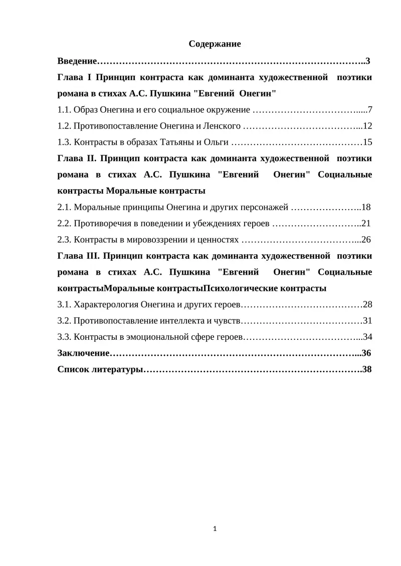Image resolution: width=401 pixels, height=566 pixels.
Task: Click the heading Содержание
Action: [x=215, y=44]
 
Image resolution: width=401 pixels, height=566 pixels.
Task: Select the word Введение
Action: [x=77, y=61]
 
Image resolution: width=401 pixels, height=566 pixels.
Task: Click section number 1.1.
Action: [x=64, y=109]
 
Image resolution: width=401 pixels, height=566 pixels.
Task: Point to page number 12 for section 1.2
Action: [x=367, y=126]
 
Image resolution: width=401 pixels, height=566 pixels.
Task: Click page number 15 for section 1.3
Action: [x=367, y=142]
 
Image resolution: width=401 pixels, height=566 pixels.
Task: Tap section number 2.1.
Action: [x=64, y=207]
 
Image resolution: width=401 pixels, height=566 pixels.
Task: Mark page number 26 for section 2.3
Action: [x=366, y=239]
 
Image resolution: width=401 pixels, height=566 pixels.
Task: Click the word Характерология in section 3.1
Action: [x=106, y=304]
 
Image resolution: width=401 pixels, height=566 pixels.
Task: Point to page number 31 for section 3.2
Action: [x=367, y=320]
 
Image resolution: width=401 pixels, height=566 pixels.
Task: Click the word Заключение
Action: [x=83, y=353]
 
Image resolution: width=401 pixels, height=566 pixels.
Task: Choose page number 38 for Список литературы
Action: [x=366, y=369]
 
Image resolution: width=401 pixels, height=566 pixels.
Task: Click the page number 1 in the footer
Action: [x=215, y=528]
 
